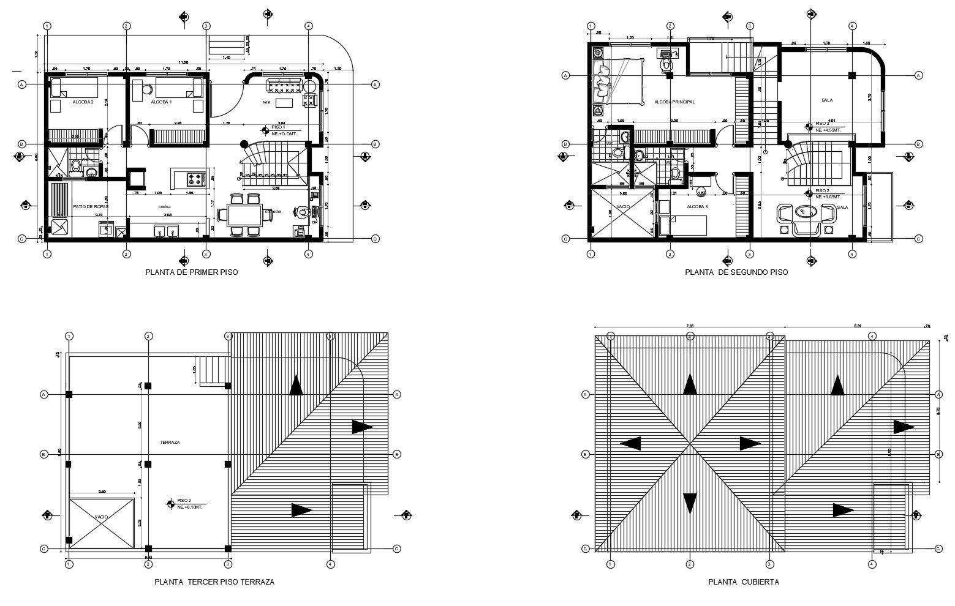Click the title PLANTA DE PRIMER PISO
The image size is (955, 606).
click(191, 272)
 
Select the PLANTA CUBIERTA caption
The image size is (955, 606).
click(744, 582)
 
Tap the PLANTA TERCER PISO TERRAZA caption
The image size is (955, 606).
click(214, 582)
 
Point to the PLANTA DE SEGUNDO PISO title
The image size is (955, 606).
click(736, 272)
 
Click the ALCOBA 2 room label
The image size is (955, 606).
click(83, 102)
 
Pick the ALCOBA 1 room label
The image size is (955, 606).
click(162, 102)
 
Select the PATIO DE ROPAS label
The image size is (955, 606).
click(91, 207)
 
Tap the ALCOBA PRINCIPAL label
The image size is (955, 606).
click(674, 102)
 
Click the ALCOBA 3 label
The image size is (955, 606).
click(697, 207)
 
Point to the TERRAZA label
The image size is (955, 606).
click(169, 441)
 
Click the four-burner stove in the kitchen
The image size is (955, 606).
click(195, 179)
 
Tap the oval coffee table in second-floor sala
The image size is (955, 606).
click(802, 212)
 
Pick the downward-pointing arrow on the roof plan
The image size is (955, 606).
click(690, 503)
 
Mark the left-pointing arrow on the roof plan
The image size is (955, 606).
click(630, 443)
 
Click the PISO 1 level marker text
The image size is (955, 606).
click(279, 127)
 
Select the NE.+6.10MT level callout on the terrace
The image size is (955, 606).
click(190, 507)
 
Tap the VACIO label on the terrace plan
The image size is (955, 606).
click(101, 517)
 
